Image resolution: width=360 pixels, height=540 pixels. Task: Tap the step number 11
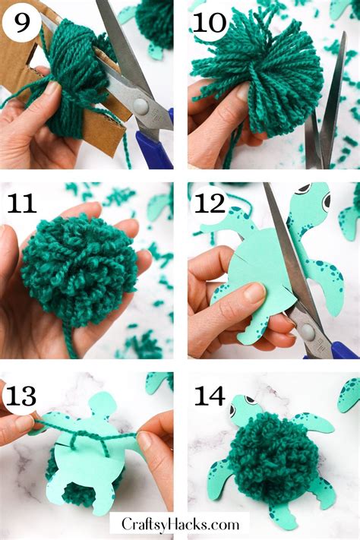23,204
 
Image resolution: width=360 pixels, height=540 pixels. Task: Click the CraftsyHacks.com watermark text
179,523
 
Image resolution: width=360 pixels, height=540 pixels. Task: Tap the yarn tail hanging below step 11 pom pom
71,345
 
